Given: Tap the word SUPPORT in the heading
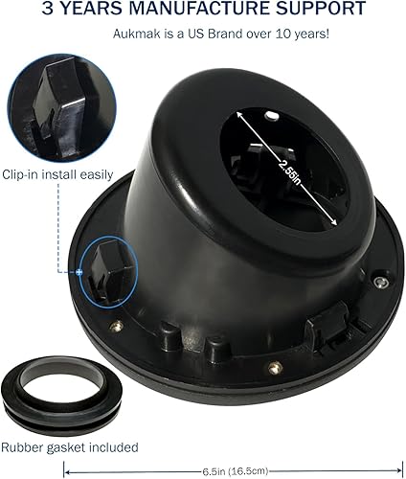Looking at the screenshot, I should click(x=320, y=11).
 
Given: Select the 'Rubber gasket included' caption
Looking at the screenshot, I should click(x=69, y=446).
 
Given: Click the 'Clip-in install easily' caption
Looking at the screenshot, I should click(x=56, y=175).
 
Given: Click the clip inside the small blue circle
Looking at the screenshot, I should click(x=101, y=268).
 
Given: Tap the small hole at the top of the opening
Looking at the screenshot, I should click(x=272, y=117).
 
